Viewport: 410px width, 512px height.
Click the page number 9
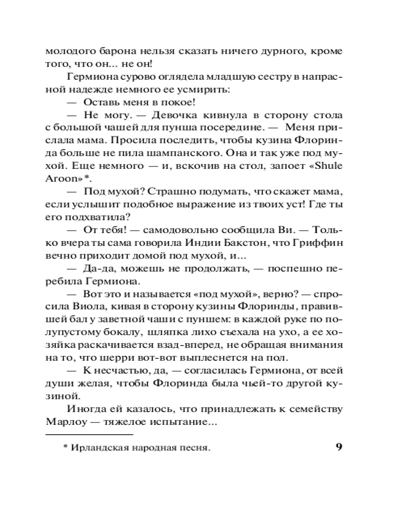(x=339, y=446)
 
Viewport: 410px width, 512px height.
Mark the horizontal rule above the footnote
(x=89, y=435)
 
